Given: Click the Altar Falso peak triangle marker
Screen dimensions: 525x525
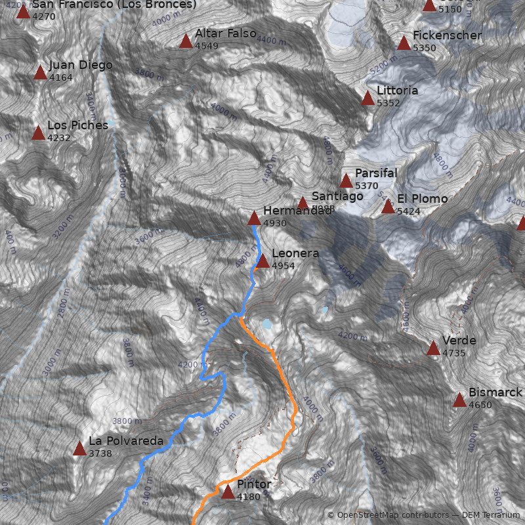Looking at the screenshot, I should [x=186, y=42].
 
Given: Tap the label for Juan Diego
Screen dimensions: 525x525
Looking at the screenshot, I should [x=80, y=66].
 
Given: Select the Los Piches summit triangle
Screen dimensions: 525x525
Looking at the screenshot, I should [x=38, y=134].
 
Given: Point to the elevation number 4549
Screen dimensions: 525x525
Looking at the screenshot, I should [x=207, y=46].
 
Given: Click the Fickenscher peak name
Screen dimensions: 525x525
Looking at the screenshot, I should [x=448, y=35].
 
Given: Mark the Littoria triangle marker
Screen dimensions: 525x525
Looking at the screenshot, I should [x=367, y=98].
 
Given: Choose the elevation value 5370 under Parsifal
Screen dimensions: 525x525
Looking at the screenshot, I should [x=367, y=186].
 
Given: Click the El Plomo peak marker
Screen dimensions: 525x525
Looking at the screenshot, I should [x=388, y=207].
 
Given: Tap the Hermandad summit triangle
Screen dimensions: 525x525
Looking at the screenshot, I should [x=254, y=219].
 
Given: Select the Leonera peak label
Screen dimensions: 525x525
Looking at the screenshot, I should [x=295, y=253].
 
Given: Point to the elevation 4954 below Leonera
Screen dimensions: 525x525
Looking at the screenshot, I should [x=283, y=266].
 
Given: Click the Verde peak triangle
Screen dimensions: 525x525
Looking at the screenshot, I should [x=433, y=348].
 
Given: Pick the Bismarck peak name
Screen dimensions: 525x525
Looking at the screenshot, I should [x=495, y=392].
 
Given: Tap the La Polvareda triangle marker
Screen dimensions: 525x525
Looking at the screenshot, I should [x=79, y=450].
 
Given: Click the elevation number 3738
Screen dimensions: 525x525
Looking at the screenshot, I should [x=100, y=453].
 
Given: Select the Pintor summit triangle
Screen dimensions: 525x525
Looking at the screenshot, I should [x=228, y=492].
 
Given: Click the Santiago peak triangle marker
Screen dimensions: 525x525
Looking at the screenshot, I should [x=303, y=203].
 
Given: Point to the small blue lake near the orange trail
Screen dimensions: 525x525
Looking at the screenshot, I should [x=267, y=324].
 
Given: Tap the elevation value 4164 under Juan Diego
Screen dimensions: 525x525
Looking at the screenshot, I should [x=60, y=77].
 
